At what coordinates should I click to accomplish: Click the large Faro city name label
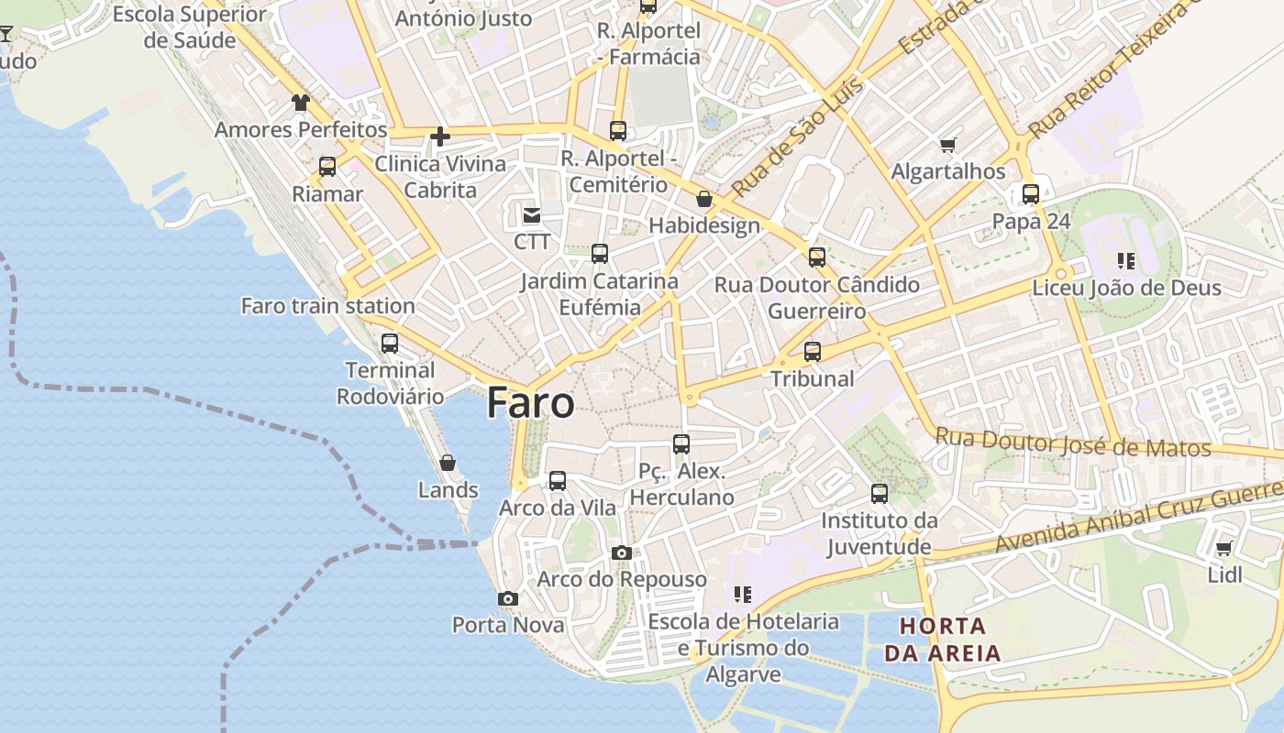coord(531,403)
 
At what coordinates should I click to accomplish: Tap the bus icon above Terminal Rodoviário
coord(390,344)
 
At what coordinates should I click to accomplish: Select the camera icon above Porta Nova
coord(507,598)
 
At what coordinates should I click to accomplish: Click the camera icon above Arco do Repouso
coord(622,552)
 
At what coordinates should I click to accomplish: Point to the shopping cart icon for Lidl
coord(1223,549)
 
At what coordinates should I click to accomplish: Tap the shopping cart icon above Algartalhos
coord(948,145)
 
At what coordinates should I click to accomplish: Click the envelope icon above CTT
coord(531,215)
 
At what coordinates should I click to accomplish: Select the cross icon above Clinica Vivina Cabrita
coord(440,137)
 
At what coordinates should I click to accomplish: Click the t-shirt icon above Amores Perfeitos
coord(301,103)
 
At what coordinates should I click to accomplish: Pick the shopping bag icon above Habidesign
coord(704,199)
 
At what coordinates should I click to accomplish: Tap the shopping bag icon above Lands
coord(448,463)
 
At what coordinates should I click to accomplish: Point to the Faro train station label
coord(327,306)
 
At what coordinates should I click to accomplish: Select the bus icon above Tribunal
coord(812,351)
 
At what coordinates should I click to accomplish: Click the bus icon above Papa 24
coord(1031,194)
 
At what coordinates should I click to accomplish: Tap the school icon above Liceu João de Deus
coord(1126,261)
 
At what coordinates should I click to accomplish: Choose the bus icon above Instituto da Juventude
coord(880,494)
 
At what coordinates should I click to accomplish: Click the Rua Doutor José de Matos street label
coord(1073,443)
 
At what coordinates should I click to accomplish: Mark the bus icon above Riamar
coord(327,167)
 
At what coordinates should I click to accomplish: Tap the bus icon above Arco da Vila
coord(558,481)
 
